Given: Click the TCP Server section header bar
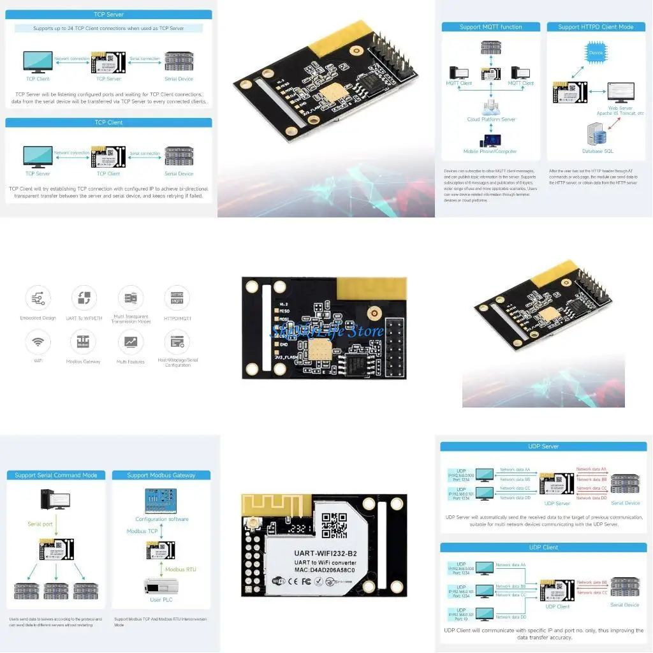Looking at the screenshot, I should tap(108, 14).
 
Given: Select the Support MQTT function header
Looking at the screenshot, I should tap(490, 27).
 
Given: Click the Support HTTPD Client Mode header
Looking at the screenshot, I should tap(596, 27).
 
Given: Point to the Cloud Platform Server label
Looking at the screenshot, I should tap(490, 119).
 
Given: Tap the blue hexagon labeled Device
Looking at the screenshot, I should tap(596, 52).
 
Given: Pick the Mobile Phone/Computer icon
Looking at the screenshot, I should tap(490, 140).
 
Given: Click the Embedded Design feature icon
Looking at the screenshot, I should tap(38, 298).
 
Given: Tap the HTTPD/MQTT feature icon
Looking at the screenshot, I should tap(177, 298).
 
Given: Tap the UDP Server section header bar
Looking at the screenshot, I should tap(543, 446).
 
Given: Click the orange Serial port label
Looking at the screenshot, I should tap(40, 524).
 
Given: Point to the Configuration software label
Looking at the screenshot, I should tap(161, 519).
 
